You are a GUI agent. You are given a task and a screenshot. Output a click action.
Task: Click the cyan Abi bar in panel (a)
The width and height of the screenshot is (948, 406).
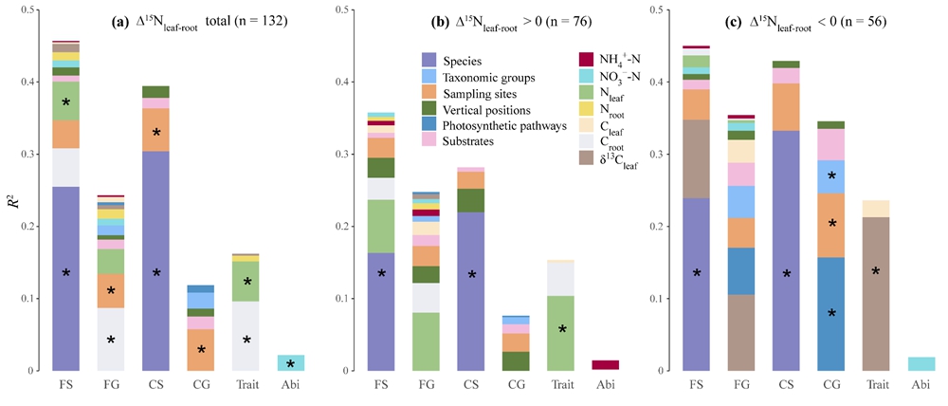click(290, 362)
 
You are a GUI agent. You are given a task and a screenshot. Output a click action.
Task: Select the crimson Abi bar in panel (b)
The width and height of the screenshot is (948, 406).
click(604, 365)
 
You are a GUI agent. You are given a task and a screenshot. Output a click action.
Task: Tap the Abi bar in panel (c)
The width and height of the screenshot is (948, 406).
click(920, 363)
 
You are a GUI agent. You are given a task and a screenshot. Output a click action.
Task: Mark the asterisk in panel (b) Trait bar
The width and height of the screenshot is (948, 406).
click(562, 329)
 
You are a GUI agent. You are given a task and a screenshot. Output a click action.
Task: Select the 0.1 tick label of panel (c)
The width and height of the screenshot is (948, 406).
click(657, 298)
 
